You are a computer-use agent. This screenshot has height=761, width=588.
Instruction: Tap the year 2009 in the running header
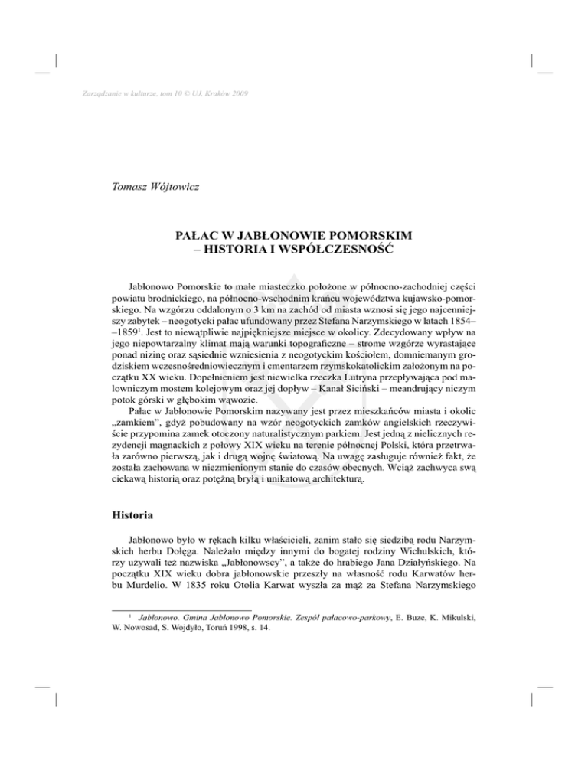coord(237,94)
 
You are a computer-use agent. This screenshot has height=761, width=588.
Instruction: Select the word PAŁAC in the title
coord(199,233)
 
